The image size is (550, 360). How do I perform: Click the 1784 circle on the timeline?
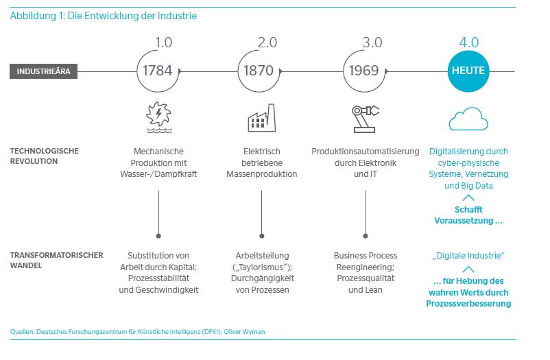tap(158, 71)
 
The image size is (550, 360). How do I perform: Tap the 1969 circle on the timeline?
tap(364, 71)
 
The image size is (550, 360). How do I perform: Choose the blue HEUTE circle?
tap(468, 71)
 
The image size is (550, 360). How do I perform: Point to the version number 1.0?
tap(164, 42)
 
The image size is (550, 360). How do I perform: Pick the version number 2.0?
tap(267, 42)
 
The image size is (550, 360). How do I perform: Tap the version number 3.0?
tap(372, 42)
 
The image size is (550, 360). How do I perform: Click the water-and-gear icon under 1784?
tap(158, 118)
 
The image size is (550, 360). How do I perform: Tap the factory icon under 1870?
tap(261, 118)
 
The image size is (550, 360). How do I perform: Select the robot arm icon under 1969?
tap(366, 118)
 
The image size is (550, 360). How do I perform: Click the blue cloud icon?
tap(468, 119)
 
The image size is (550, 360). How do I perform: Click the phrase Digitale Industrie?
tap(468, 255)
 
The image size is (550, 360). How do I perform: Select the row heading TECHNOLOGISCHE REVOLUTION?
tap(44, 156)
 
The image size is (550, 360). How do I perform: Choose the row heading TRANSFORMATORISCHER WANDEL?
tap(57, 261)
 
